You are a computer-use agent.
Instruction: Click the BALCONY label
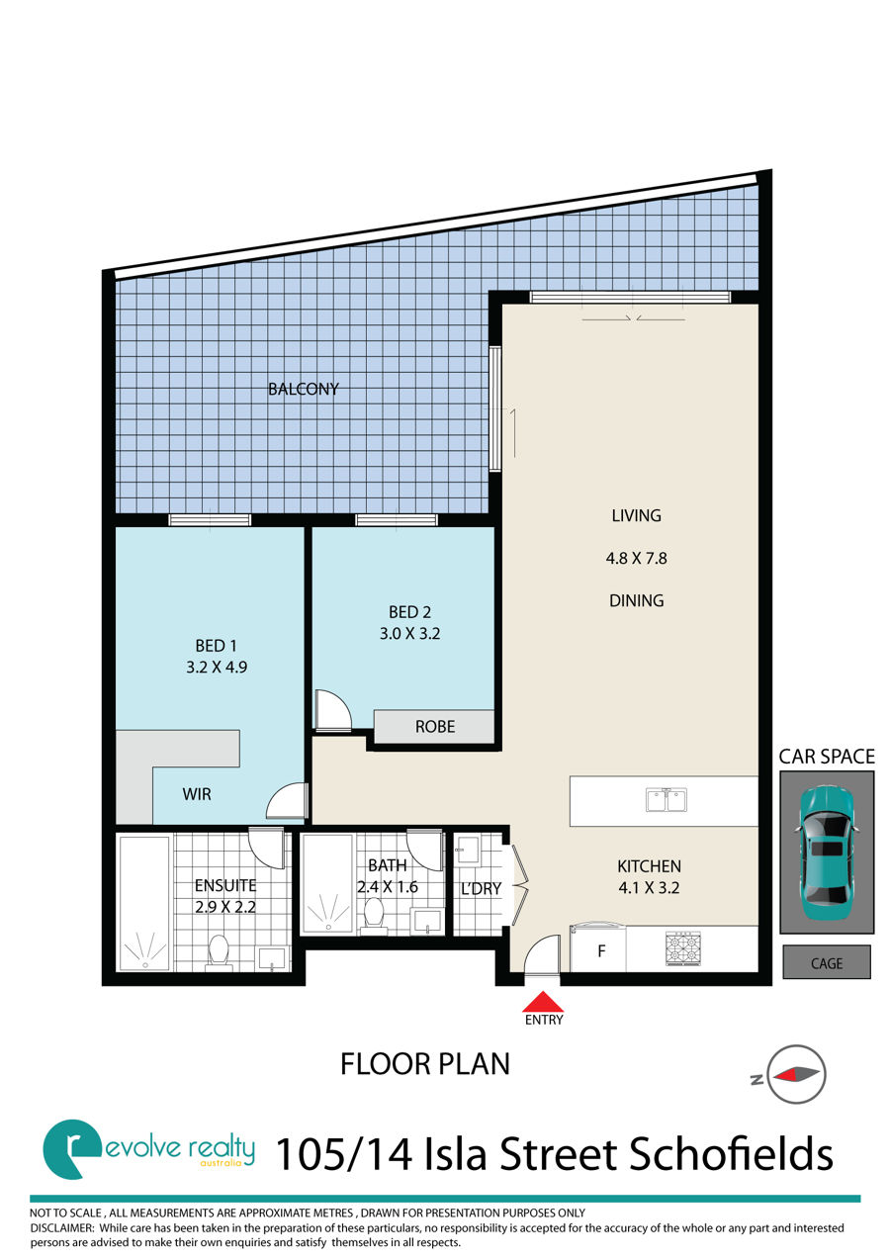[x=304, y=389]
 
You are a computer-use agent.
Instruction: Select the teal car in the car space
[x=826, y=853]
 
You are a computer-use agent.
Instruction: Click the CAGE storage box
[x=827, y=963]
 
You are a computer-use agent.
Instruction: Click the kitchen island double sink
[x=667, y=800]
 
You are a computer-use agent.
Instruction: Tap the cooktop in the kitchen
[x=683, y=948]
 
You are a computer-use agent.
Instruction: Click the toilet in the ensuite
[x=218, y=952]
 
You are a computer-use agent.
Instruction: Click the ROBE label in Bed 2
[x=435, y=727]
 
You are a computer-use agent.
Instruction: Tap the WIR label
[x=197, y=794]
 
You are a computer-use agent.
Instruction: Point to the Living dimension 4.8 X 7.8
[x=636, y=558]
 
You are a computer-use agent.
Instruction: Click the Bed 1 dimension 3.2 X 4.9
[x=217, y=667]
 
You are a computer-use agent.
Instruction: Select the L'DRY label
[x=481, y=888]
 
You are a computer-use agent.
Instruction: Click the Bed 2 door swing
[x=333, y=710]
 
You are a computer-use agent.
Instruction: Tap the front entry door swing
[x=542, y=953]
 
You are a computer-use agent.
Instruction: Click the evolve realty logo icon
[x=72, y=1148]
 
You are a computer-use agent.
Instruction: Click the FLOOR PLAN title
[x=425, y=1064]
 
